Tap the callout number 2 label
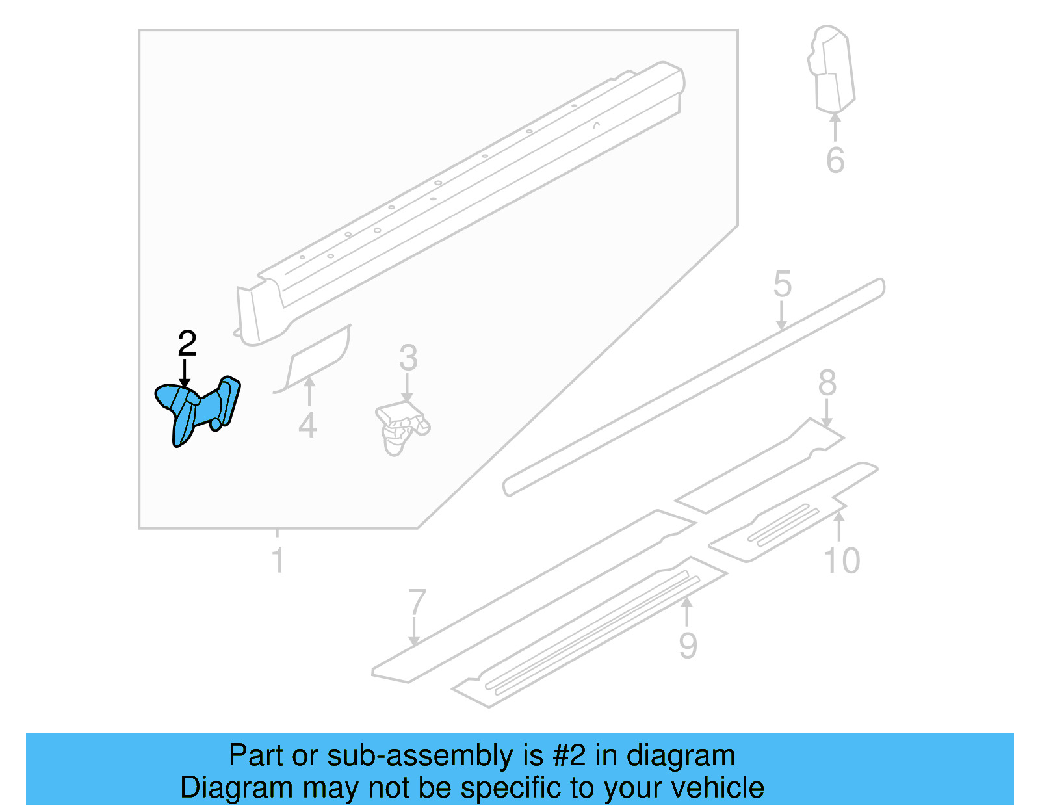[187, 344]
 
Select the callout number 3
[408, 358]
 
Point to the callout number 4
[307, 426]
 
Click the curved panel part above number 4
[318, 356]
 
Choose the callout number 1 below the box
[278, 560]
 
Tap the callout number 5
[783, 285]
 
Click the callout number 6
[835, 161]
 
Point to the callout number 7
[417, 603]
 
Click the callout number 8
[827, 383]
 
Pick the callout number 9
[688, 646]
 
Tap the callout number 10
[841, 560]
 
